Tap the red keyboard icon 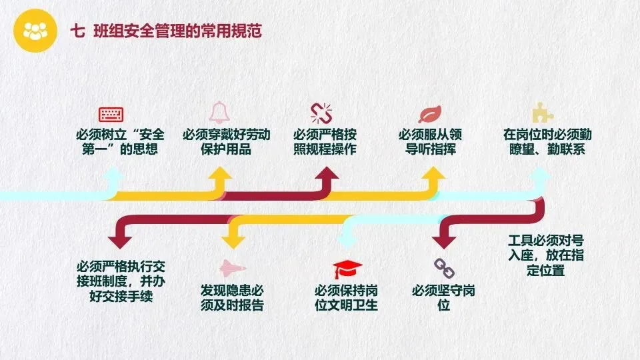click(x=111, y=113)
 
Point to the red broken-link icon click(x=321, y=112)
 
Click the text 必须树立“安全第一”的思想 click(x=121, y=142)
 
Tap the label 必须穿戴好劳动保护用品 click(x=227, y=142)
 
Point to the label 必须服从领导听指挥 click(x=431, y=142)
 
